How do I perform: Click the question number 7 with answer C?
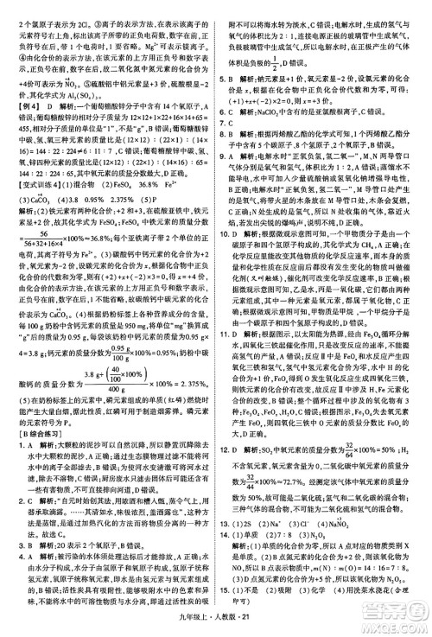(x=224, y=137)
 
